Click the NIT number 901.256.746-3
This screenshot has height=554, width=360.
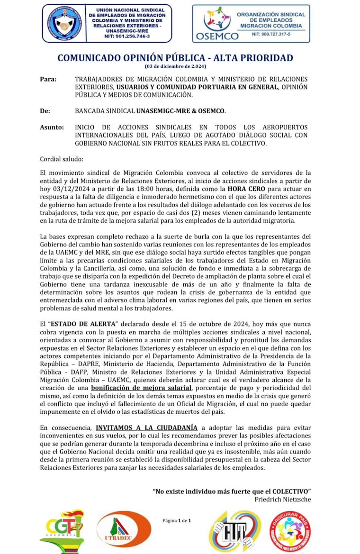pos(126,36)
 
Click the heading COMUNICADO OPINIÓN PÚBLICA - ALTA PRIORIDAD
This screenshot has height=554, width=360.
pos(175,58)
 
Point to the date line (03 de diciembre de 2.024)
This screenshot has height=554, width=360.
pos(175,66)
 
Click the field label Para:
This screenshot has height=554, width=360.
pos(48,79)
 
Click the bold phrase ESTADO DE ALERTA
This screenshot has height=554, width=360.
pos(89,324)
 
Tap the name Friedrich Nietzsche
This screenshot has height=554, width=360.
pos(283,499)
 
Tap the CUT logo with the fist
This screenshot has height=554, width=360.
pos(234,531)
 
